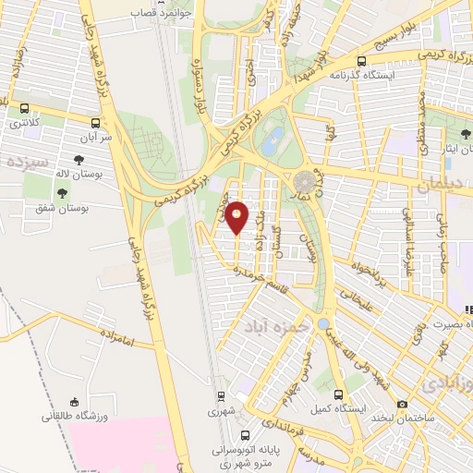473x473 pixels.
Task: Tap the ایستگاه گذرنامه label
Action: tap(389, 74)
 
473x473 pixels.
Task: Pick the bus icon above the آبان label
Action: tap(96, 121)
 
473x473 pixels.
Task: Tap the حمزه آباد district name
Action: tap(271, 327)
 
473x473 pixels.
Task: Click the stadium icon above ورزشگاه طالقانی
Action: tap(73, 402)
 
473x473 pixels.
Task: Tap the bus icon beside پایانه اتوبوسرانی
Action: tap(244, 434)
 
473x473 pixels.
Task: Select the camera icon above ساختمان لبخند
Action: tap(401, 404)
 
